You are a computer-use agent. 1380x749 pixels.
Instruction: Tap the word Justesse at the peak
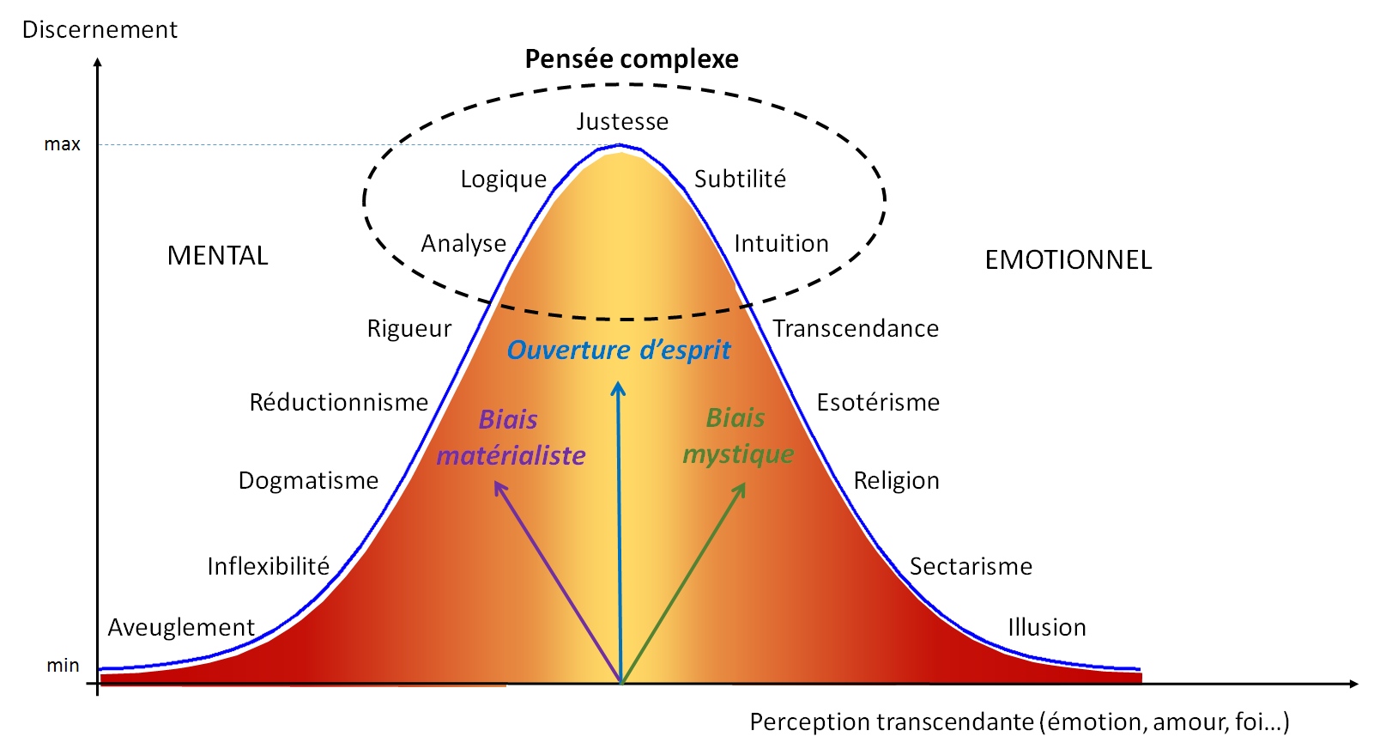pyautogui.click(x=622, y=121)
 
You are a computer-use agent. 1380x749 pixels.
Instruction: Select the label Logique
pyautogui.click(x=503, y=180)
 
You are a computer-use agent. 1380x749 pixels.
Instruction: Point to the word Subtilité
pyautogui.click(x=740, y=179)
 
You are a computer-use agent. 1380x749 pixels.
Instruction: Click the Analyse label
pyautogui.click(x=463, y=244)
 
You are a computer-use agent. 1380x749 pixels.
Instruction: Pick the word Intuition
pyautogui.click(x=781, y=243)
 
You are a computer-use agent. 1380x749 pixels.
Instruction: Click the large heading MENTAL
pyautogui.click(x=217, y=256)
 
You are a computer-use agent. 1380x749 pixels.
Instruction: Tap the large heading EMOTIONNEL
pyautogui.click(x=1068, y=260)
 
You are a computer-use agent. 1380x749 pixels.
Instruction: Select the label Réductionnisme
pyautogui.click(x=338, y=403)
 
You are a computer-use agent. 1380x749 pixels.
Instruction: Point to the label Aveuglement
pyautogui.click(x=181, y=628)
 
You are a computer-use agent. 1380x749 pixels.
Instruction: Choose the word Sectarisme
pyautogui.click(x=971, y=567)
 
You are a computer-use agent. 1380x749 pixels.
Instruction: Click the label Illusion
pyautogui.click(x=1047, y=628)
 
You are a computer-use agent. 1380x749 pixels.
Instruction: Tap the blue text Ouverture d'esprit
pyautogui.click(x=619, y=350)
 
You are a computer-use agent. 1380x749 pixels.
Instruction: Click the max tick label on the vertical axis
pyautogui.click(x=63, y=144)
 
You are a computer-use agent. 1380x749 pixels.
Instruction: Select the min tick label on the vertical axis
pyautogui.click(x=63, y=665)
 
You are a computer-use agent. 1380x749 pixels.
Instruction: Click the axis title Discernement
pyautogui.click(x=100, y=29)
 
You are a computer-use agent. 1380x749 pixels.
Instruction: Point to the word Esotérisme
pyautogui.click(x=878, y=403)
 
